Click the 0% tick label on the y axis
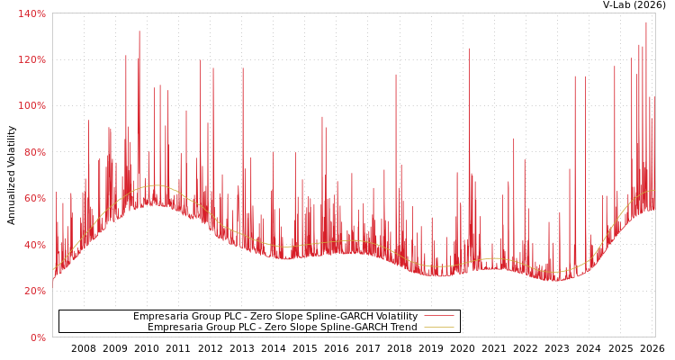(x=39, y=337)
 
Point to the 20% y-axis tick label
(x=33, y=291)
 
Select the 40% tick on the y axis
(x=33, y=245)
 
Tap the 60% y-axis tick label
(x=33, y=198)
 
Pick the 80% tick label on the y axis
(x=33, y=152)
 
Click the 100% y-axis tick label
(x=31, y=105)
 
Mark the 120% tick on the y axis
(x=31, y=59)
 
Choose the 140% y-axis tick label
(x=31, y=13)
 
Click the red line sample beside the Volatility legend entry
(x=438, y=317)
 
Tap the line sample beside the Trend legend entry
(x=438, y=328)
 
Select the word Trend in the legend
(x=401, y=328)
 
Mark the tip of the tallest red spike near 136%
(x=645, y=22)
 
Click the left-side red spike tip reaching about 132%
(x=139, y=31)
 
